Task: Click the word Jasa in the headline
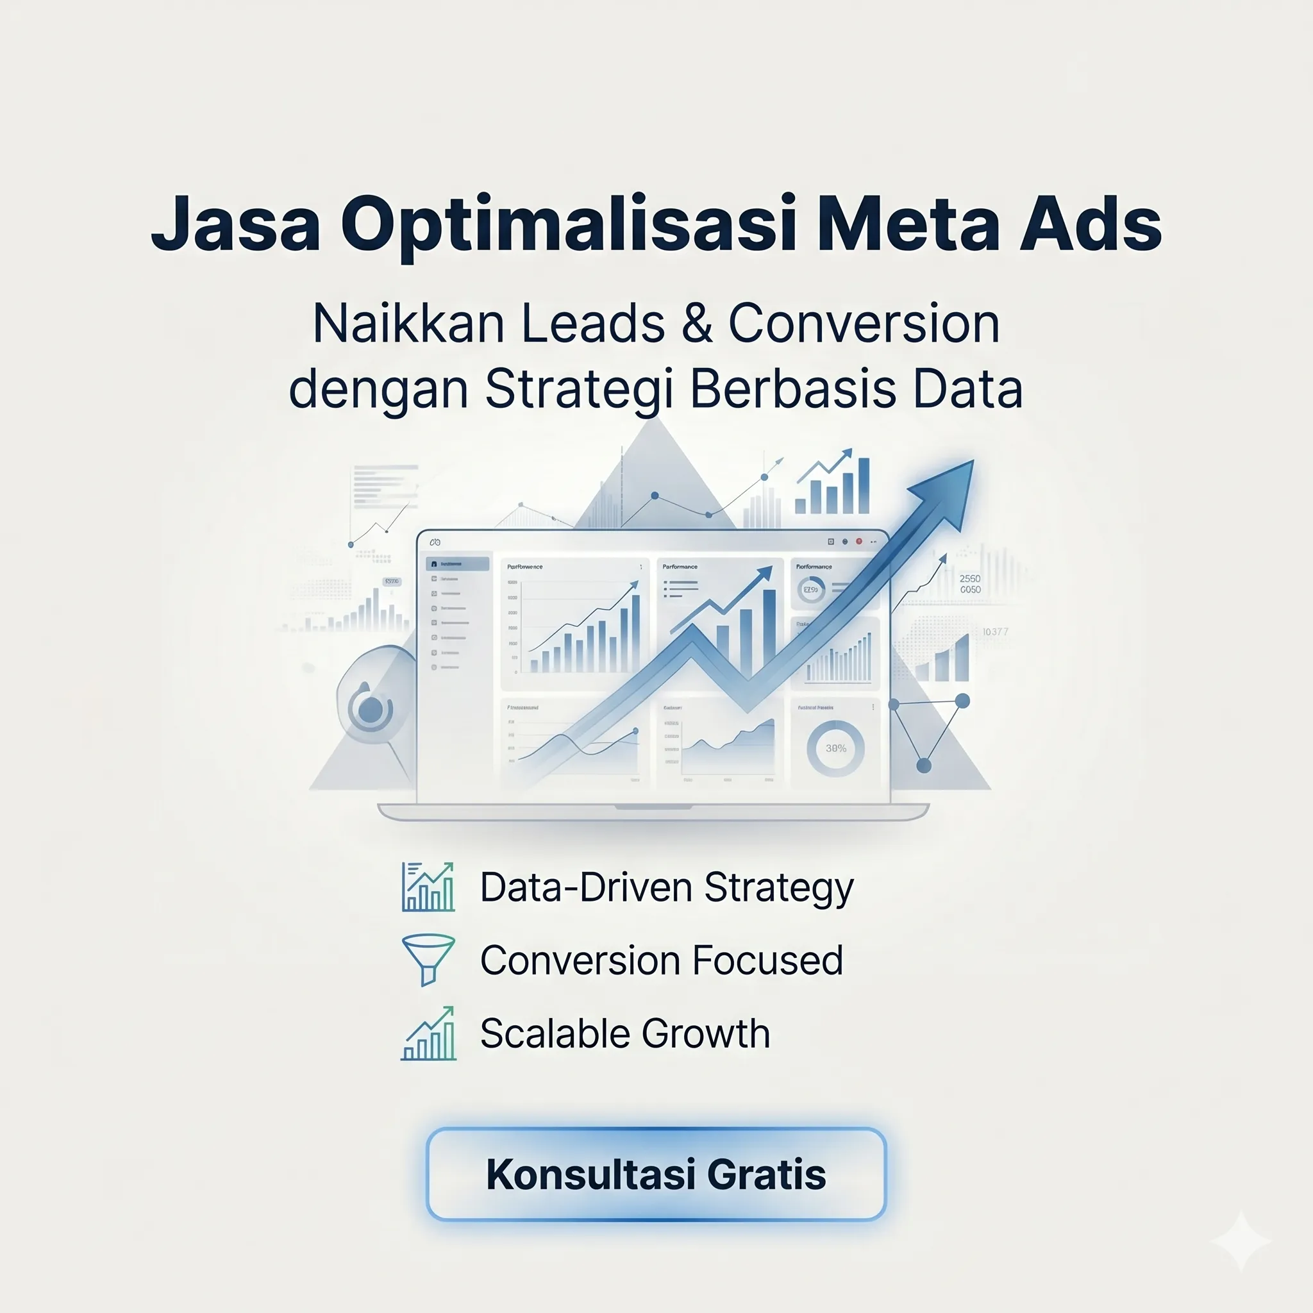tap(235, 224)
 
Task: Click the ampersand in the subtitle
tap(697, 324)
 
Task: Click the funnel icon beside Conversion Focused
tap(428, 959)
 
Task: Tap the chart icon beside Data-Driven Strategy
tap(428, 887)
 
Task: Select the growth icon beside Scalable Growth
tap(428, 1033)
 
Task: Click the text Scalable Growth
tap(624, 1033)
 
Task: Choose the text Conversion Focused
tap(661, 960)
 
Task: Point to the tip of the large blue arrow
tap(971, 463)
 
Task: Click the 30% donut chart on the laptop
tap(835, 748)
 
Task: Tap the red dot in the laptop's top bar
tap(859, 541)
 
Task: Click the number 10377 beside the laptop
tap(995, 632)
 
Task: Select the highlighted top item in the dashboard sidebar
tap(457, 564)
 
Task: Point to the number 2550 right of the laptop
tap(970, 578)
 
